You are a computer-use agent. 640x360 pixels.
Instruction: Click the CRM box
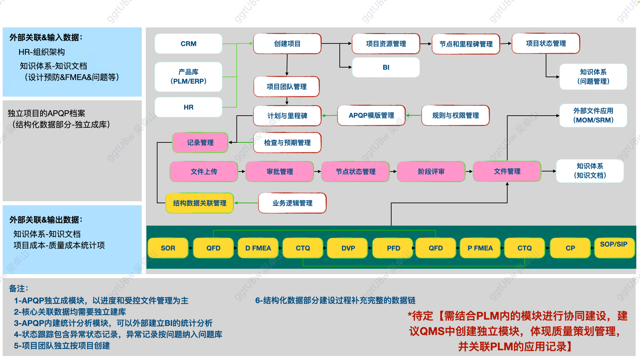[x=188, y=44]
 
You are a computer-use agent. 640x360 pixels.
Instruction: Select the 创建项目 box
[x=287, y=44]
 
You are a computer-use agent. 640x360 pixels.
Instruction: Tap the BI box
[x=386, y=67]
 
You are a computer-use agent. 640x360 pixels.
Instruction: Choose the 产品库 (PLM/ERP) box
[x=188, y=77]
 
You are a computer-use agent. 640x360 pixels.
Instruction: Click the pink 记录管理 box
[x=200, y=143]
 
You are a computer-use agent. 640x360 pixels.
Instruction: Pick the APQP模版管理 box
[x=371, y=116]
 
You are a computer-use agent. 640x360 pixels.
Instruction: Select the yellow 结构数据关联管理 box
[x=200, y=203]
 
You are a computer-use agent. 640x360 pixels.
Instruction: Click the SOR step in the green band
[x=168, y=248]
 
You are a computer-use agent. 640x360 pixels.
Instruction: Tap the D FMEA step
[x=258, y=248]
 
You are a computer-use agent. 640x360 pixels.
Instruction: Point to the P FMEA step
[x=480, y=248]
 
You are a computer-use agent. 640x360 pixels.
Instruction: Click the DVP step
[x=348, y=248]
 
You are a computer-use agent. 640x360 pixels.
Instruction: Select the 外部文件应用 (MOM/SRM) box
[x=593, y=116]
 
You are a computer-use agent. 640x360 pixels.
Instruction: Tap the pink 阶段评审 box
[x=431, y=172]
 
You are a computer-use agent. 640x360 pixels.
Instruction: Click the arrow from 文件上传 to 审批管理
[x=241, y=171]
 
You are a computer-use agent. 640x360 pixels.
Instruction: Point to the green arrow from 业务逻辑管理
[x=246, y=203]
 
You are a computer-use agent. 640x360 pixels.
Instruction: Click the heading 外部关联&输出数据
[x=46, y=220]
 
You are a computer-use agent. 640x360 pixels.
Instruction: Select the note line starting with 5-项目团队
[x=62, y=346]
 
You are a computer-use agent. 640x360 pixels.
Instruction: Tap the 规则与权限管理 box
[x=455, y=116]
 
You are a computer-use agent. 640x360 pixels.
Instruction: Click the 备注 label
[x=18, y=288]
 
